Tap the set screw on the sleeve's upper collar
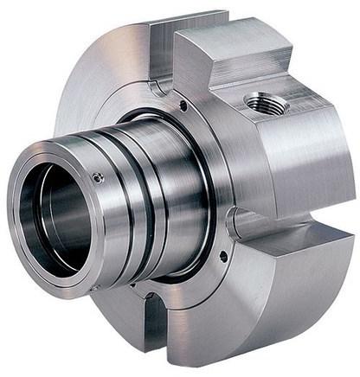(99, 177)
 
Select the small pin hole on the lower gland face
(223, 256)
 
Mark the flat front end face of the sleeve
(35, 251)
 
